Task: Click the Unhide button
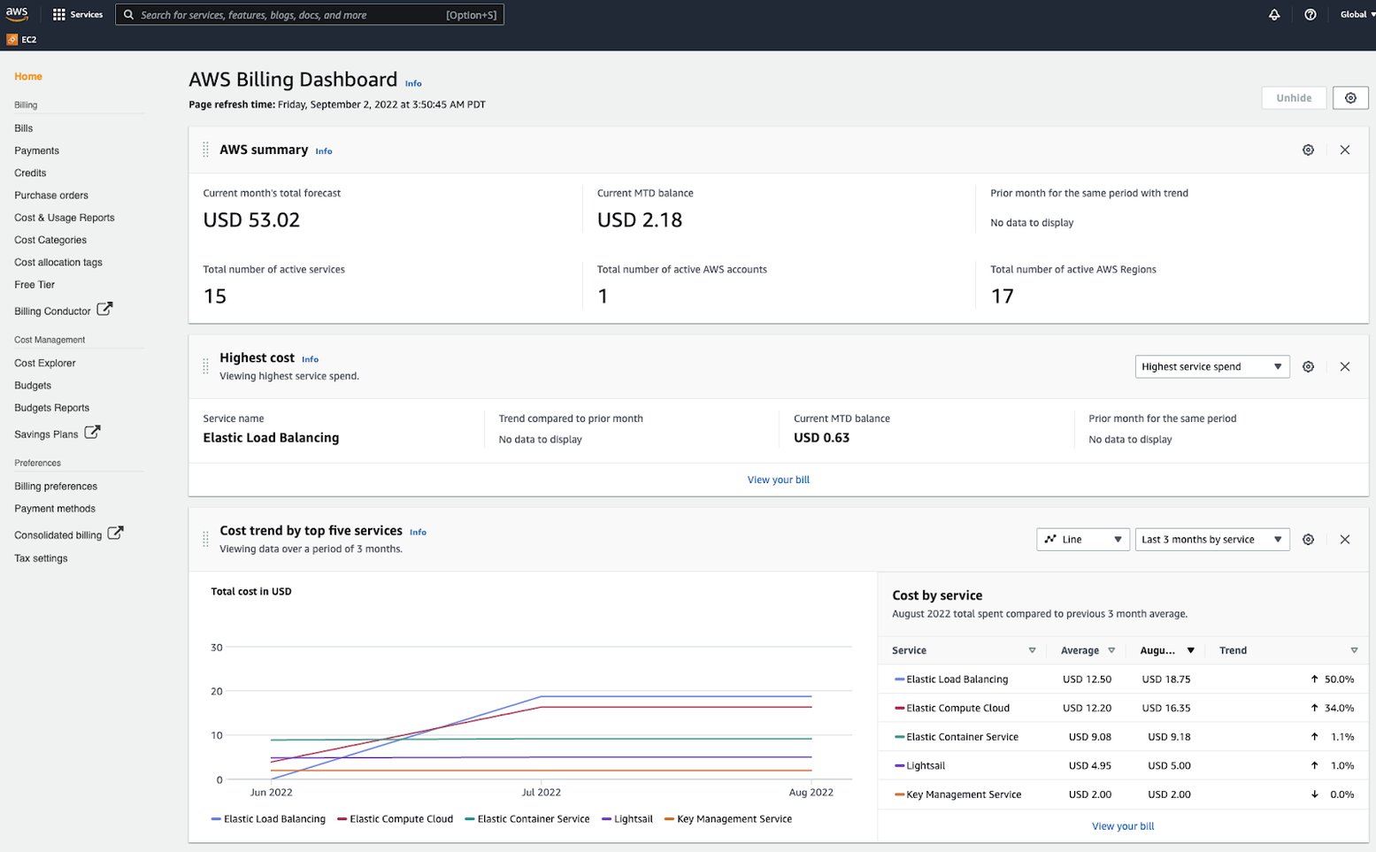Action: click(x=1293, y=98)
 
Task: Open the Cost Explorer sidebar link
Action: click(x=45, y=363)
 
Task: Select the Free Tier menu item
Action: click(x=35, y=285)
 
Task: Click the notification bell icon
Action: click(x=1274, y=15)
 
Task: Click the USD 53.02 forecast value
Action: click(x=251, y=220)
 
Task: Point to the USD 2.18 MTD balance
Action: click(x=640, y=220)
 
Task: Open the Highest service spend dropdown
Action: click(x=1211, y=367)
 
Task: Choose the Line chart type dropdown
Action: click(x=1082, y=540)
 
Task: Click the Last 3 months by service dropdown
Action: click(x=1211, y=540)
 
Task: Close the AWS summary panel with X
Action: click(x=1344, y=150)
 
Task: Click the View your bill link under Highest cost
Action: click(x=778, y=480)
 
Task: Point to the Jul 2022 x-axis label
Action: click(x=541, y=793)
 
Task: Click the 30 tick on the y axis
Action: click(x=217, y=648)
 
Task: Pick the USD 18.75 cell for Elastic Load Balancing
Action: click(x=1165, y=679)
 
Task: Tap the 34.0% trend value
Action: click(x=1339, y=709)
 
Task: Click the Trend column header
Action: click(x=1233, y=650)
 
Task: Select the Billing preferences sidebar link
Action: click(x=56, y=487)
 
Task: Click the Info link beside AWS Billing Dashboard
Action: click(x=413, y=84)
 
